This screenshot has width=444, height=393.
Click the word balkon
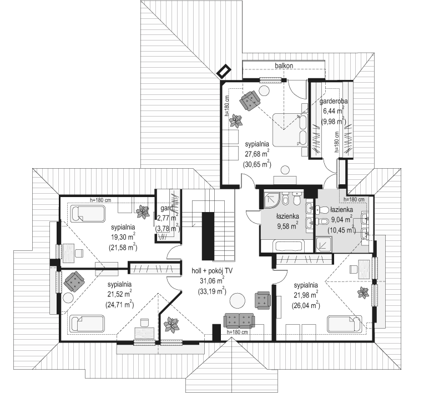coord(284,65)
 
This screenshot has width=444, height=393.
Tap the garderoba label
coord(334,101)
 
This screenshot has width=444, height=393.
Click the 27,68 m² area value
coord(257,154)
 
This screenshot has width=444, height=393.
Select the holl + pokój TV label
coord(212,271)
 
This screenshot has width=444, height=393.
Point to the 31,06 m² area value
coord(212,281)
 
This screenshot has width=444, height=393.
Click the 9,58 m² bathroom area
coord(287,226)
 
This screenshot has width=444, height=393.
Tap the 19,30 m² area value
coord(123,237)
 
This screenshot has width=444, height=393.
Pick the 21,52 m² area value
coord(119,294)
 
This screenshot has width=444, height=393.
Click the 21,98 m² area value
coord(306,295)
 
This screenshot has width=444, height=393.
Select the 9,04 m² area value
coord(341,219)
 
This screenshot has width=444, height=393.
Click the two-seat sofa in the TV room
coord(239,320)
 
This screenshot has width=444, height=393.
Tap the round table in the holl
coord(237,301)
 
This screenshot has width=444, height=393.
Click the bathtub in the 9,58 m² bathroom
coord(289,245)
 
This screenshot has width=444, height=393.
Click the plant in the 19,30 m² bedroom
coord(143,211)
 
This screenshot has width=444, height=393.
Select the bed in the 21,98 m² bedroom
coord(344,324)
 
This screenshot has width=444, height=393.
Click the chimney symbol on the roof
coord(224,72)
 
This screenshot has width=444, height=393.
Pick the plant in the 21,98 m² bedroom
coord(362,292)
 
